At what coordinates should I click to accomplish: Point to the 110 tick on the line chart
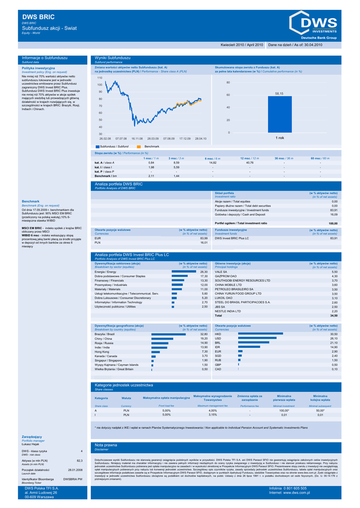pos(99,78)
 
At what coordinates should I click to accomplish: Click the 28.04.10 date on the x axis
pos(201,138)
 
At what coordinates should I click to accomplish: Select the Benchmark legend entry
pos(151,147)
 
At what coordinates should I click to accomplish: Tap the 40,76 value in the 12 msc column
pos(249,163)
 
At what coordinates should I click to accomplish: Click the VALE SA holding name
pos(221,272)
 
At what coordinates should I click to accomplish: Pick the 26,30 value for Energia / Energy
pos(204,272)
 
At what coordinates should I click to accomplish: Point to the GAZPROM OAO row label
pos(226,276)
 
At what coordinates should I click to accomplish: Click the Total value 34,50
pos(334,316)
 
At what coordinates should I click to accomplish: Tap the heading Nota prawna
pos(106,445)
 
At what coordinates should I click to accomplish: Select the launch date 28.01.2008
pos(75,469)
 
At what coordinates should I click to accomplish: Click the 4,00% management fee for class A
pos(213,411)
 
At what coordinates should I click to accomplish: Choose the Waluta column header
pos(126,398)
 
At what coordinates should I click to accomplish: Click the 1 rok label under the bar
pos(280,137)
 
